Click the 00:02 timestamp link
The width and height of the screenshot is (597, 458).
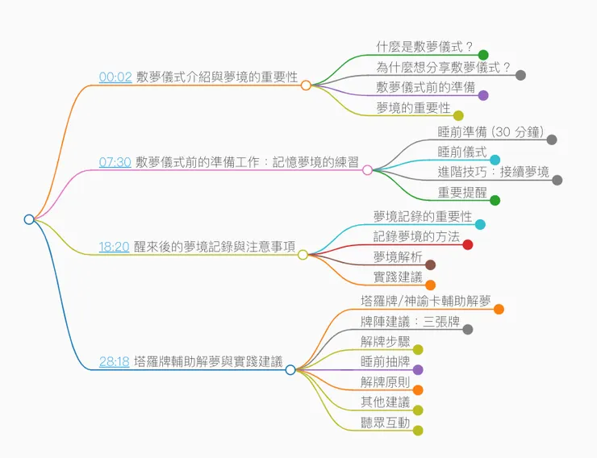coord(115,77)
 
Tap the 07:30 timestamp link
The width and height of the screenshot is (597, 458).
coord(115,161)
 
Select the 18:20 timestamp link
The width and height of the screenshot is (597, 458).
coord(114,247)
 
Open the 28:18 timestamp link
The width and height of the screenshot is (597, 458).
coord(114,362)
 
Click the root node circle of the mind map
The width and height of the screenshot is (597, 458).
coord(29,219)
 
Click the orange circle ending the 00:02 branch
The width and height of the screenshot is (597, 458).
coord(306,85)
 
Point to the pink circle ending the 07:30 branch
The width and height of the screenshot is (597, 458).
coord(368,169)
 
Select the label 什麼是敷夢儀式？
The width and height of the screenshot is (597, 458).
coord(425,46)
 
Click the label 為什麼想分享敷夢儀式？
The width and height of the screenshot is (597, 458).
coord(444,67)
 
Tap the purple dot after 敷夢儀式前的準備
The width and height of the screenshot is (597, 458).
coord(483,95)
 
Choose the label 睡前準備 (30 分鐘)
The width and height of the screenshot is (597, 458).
coord(491,131)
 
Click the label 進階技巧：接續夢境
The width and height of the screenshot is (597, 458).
coord(493,172)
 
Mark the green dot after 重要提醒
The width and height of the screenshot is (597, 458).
coord(495,200)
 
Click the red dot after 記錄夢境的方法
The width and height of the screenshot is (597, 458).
coord(467,244)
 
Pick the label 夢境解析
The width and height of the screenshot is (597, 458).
coord(398,256)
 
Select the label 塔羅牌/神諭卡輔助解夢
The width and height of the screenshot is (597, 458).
coord(426,301)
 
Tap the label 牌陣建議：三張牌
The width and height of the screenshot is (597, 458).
coord(410,322)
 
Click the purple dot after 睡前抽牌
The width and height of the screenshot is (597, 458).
coord(418,369)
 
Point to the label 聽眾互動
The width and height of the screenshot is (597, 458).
coord(385,423)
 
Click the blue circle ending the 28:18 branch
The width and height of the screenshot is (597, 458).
coord(290,370)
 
